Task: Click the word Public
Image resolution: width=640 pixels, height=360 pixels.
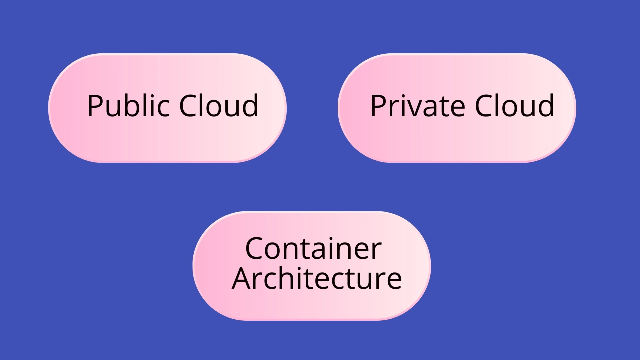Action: click(x=130, y=106)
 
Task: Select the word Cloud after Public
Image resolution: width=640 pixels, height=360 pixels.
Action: click(x=219, y=106)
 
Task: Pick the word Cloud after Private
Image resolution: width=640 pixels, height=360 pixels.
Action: click(x=514, y=106)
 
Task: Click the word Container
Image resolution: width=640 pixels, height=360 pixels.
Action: click(x=313, y=248)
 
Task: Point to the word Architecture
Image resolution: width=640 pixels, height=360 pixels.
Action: click(x=317, y=278)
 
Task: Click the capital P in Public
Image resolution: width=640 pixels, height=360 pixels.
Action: click(x=95, y=106)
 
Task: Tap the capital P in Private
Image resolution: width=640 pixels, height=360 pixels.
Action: click(x=378, y=106)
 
